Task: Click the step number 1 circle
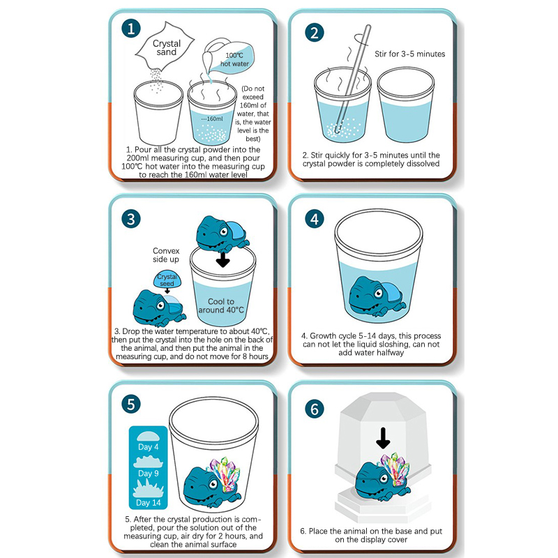coord(131,29)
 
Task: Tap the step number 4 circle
coord(315,219)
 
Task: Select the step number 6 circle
coord(315,409)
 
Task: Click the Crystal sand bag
coord(165,46)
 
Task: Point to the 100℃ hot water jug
coord(229,57)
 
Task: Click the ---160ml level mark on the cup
coord(212,119)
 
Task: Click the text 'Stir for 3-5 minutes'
coord(410,54)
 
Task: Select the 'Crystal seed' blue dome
coord(167,280)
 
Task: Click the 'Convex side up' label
coord(166,255)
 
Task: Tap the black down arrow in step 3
coord(223,259)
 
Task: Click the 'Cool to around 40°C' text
coord(221,306)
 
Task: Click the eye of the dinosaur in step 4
coord(377,294)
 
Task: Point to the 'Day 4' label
coord(149,447)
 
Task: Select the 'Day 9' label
coord(149,474)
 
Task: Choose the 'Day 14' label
coord(149,503)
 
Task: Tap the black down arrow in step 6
coord(383,438)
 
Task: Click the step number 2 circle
coord(315,33)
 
